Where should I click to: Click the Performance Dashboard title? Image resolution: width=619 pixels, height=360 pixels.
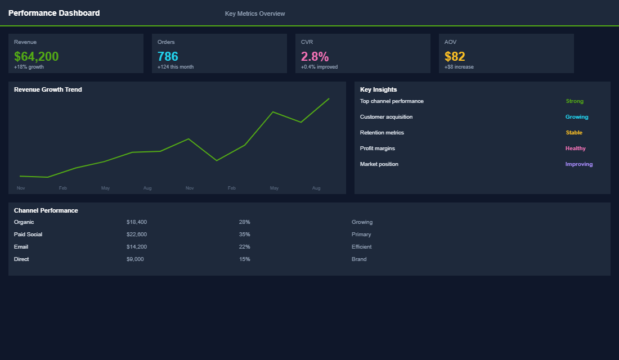click(54, 13)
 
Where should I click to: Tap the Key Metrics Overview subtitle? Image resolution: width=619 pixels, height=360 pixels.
click(255, 13)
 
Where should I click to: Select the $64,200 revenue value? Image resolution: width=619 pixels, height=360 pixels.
click(36, 56)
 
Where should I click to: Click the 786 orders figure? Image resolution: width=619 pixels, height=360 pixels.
click(168, 56)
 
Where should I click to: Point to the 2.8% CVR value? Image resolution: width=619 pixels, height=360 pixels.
click(315, 56)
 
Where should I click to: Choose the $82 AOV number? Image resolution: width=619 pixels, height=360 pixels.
click(455, 56)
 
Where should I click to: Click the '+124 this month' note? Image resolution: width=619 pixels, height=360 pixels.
click(175, 67)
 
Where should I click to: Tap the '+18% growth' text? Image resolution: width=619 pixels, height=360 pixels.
click(29, 67)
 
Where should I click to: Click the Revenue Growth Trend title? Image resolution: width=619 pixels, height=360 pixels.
click(48, 89)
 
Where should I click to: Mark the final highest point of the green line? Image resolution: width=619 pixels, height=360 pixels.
click(329, 99)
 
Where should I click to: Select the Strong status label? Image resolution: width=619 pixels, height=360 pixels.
click(575, 101)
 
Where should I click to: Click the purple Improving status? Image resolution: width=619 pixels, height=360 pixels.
click(578, 164)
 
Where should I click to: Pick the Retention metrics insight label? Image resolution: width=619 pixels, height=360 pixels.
click(382, 133)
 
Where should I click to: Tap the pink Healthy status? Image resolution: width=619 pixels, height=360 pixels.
click(575, 148)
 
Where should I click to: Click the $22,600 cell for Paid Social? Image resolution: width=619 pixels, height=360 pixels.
click(137, 235)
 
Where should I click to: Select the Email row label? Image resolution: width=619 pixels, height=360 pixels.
click(21, 247)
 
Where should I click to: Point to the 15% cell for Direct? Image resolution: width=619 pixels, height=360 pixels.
click(244, 259)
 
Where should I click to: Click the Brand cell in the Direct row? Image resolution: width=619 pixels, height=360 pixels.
click(358, 259)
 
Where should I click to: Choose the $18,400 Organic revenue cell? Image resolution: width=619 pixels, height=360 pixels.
click(137, 222)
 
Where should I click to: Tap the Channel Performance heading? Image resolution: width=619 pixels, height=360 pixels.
click(46, 210)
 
